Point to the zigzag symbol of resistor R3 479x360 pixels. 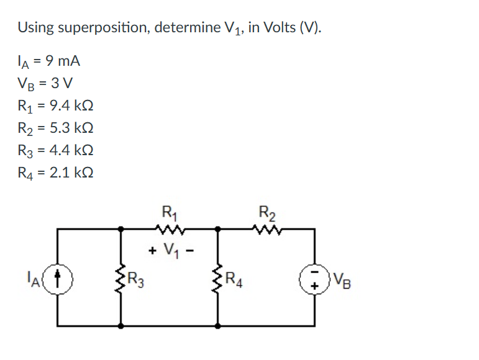[x=121, y=277]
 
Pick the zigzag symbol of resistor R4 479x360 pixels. [x=218, y=277]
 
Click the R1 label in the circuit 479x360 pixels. [x=168, y=212]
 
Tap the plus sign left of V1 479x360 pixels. [x=152, y=251]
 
